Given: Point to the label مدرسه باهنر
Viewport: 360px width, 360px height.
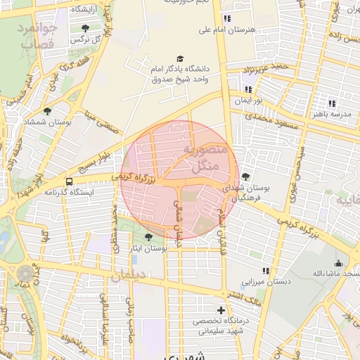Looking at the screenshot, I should pos(330,113).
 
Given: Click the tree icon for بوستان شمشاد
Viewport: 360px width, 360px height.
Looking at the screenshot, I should pos(47,111).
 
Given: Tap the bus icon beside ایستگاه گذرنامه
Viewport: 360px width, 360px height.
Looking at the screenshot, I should pos(67,180).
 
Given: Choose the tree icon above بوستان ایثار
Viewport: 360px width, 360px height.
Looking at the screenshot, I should pos(148,237).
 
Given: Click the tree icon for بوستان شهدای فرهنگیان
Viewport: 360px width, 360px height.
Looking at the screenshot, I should pos(245,176).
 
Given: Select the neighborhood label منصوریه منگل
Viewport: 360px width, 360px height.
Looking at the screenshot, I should pos(205,158).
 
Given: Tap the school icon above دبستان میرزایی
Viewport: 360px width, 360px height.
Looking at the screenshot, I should pos(265,271).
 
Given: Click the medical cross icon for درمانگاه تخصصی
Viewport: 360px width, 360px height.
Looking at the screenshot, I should pos(221,310).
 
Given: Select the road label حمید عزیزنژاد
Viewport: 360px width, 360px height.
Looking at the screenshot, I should pos(266,68).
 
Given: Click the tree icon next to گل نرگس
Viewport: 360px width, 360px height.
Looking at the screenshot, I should pos(85,29).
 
